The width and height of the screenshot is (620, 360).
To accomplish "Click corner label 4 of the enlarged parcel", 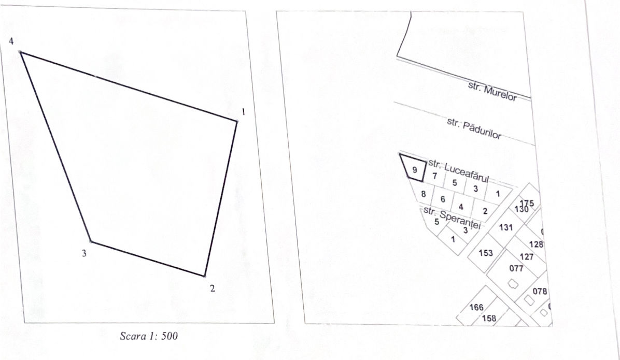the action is click(11, 41).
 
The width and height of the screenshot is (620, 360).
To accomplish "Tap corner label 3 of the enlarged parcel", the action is click(84, 253).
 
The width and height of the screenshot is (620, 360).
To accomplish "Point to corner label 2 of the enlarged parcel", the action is click(213, 289).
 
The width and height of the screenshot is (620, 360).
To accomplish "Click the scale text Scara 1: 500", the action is click(149, 336).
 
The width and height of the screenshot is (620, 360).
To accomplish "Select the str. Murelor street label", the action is click(492, 92).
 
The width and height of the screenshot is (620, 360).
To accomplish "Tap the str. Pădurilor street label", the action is click(474, 128).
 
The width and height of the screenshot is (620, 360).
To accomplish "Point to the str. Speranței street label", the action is click(452, 217).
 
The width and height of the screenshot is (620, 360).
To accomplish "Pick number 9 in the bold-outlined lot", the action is click(414, 170).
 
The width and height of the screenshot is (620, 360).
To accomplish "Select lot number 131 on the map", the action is click(506, 227).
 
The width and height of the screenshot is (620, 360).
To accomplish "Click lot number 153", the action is click(486, 253).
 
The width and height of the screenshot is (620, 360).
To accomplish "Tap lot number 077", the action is click(516, 269).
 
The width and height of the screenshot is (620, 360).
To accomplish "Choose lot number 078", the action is click(539, 292).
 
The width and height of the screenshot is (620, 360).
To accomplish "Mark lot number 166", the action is click(476, 307).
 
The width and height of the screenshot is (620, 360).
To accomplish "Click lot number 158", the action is click(489, 318).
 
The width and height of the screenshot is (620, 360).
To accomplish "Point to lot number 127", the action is click(526, 257).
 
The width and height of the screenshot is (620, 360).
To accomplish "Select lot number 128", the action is click(536, 244).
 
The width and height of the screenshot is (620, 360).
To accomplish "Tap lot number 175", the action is click(527, 203).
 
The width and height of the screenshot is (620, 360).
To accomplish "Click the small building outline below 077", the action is click(513, 284).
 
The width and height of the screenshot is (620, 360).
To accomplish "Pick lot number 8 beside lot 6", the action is click(424, 194).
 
